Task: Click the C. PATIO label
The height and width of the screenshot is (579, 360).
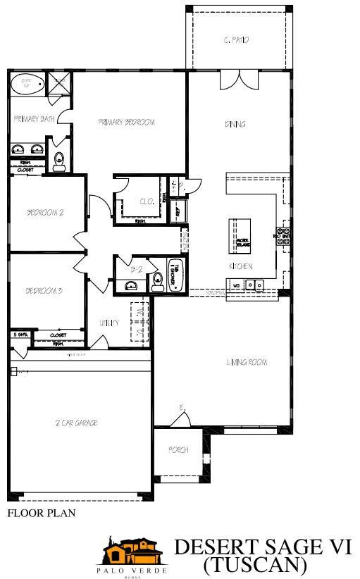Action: click(235, 40)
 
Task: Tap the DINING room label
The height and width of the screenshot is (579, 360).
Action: click(235, 124)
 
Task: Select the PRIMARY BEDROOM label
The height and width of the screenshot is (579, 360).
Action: click(126, 122)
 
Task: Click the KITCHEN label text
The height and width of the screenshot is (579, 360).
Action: click(240, 266)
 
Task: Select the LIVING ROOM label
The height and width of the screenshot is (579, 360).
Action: click(247, 363)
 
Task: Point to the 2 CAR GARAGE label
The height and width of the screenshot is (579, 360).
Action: click(76, 423)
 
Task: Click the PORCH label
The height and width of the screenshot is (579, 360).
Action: click(178, 449)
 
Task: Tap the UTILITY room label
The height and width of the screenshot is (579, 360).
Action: click(108, 323)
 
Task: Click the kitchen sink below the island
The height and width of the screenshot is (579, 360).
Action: click(254, 285)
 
